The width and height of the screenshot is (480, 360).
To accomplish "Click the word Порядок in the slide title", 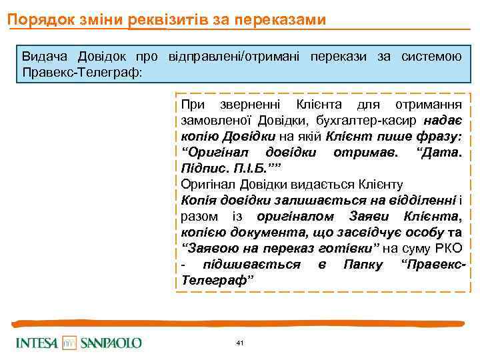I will tap(34, 20).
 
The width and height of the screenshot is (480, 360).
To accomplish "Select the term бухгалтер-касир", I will tap(375, 121).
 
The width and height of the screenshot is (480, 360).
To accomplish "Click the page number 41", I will tap(240, 343).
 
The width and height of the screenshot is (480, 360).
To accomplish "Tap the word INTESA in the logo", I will tap(37, 343).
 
